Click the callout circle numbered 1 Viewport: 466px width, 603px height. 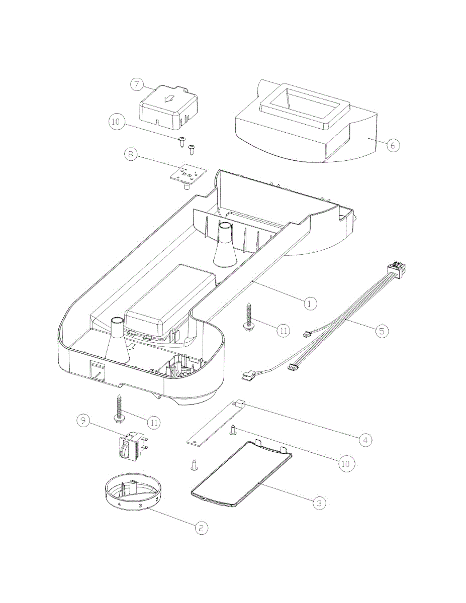pos(310,304)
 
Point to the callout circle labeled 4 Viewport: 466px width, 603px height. pos(365,439)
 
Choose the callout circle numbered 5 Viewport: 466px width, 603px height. pos(382,331)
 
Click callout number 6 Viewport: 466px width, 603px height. pos(393,145)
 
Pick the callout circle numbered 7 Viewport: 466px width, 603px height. pos(137,84)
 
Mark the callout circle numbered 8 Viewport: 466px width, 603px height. pos(131,154)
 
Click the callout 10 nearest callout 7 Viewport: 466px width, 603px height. pos(117,122)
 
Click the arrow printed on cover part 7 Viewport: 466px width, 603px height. pos(169,98)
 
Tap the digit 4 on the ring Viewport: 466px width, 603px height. pos(119,504)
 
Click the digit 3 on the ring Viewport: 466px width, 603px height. pos(140,506)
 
